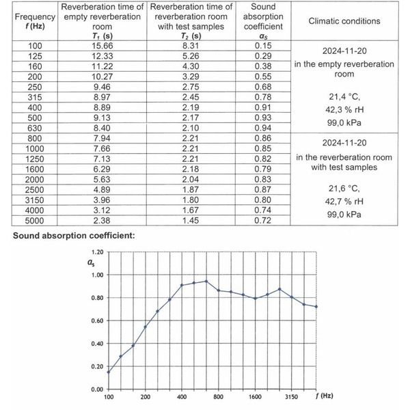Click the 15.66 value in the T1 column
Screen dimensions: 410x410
(102, 45)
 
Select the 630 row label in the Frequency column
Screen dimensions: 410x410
(29, 126)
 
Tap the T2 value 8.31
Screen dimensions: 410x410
(187, 45)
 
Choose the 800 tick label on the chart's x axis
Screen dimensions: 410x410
(219, 397)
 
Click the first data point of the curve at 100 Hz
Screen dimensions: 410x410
(108, 372)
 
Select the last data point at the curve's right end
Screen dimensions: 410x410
(316, 306)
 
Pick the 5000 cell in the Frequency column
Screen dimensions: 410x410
(29, 221)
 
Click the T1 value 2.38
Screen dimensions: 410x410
(102, 221)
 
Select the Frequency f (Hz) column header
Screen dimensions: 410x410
(29, 20)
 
